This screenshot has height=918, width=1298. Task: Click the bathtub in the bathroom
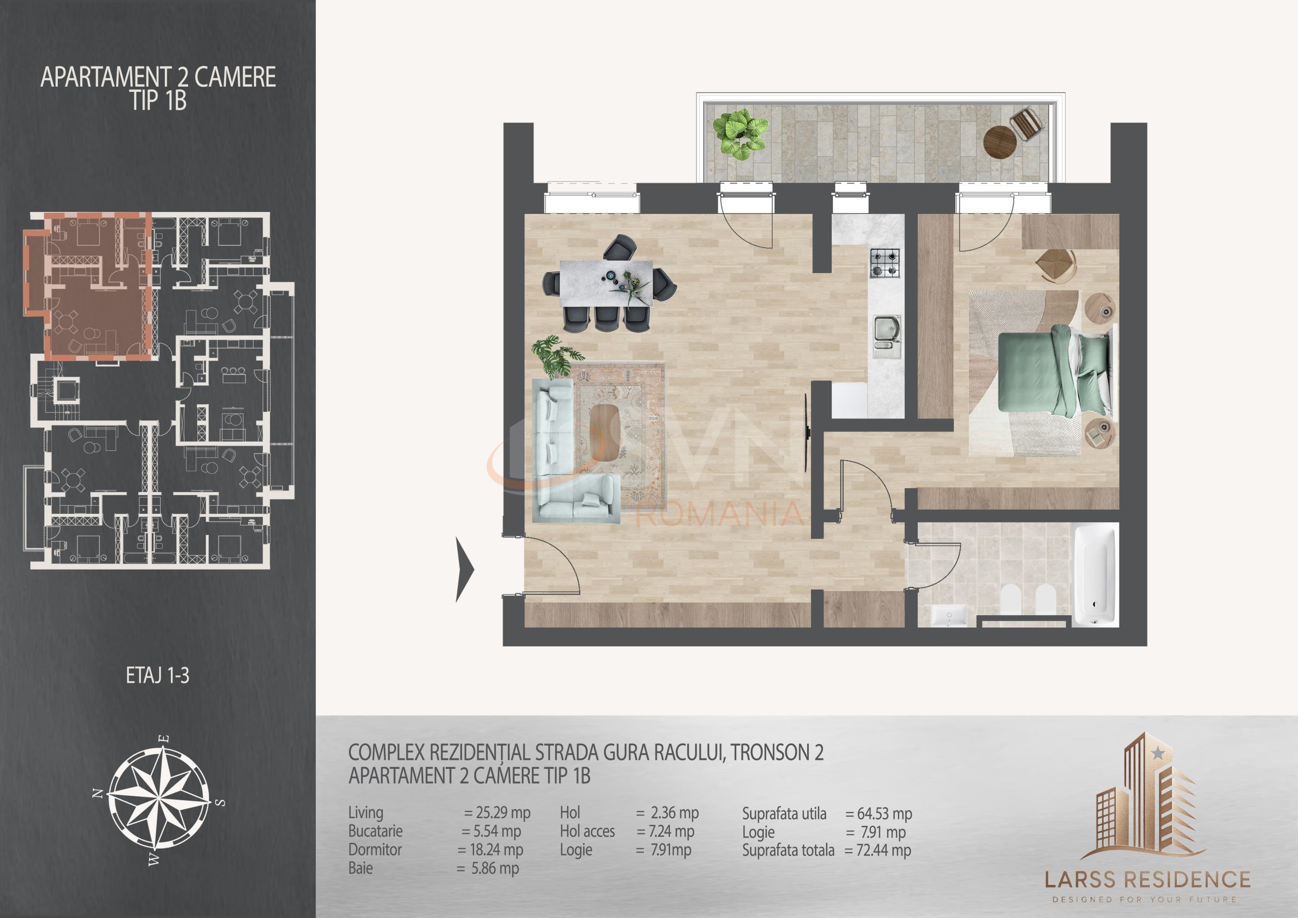coord(1096,575)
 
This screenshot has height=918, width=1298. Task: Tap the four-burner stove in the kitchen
coord(884,263)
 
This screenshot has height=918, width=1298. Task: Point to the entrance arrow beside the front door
coord(465,569)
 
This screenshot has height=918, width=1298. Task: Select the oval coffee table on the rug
coord(604,433)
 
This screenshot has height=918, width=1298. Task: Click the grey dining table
coord(605,283)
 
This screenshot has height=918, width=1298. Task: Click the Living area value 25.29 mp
coord(497,813)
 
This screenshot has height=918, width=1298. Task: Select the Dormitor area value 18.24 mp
coord(490,850)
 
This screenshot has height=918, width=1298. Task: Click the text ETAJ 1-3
coord(157,676)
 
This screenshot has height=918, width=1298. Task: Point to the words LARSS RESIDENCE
coord(1147,879)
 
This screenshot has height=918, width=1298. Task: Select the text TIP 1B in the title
coord(158,101)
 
